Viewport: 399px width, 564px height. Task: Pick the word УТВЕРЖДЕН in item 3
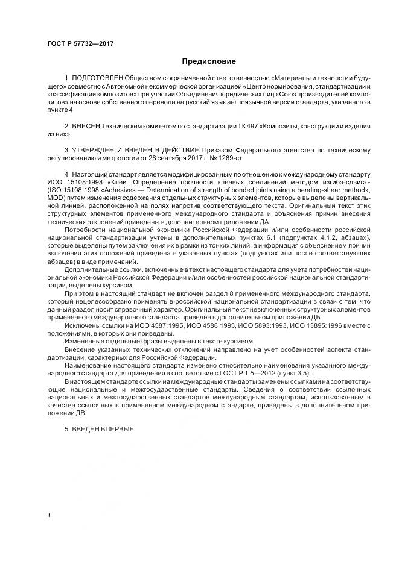tap(98, 149)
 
